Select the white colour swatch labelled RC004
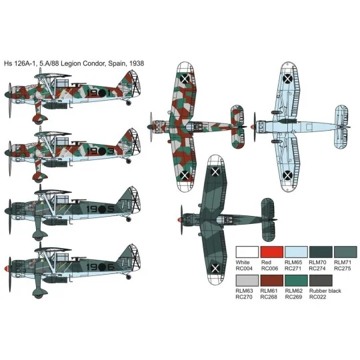(x=247, y=252)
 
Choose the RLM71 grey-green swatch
(x=345, y=252)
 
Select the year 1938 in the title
(x=135, y=63)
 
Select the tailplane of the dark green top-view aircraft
(x=268, y=217)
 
